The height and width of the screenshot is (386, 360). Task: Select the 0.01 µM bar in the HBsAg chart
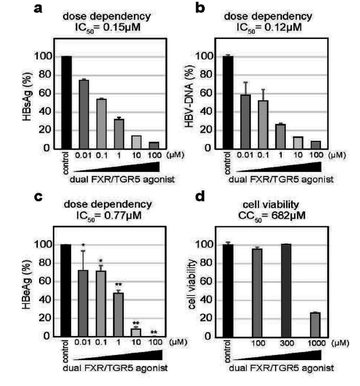(84, 114)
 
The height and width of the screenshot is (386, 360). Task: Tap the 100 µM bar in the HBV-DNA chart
(316, 145)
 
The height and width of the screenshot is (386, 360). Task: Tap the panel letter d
(202, 198)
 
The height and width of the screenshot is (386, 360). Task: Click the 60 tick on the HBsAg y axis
(44, 93)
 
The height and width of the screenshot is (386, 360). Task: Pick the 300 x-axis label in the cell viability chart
(285, 344)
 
